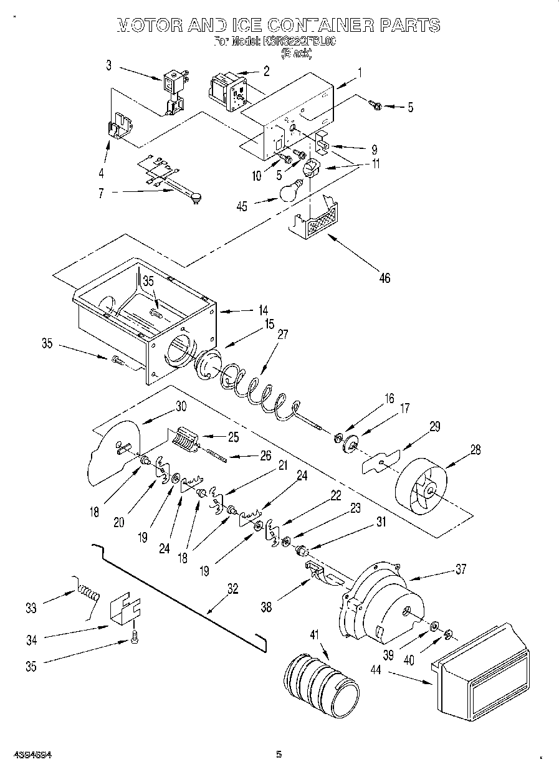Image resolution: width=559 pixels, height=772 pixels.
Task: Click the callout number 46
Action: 385,278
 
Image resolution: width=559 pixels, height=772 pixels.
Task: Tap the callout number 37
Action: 460,568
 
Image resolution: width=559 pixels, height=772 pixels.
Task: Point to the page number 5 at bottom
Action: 279,755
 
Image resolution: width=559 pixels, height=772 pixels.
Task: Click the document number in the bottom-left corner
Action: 32,755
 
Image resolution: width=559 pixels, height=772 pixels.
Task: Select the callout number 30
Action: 180,406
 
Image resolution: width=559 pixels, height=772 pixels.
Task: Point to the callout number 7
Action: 101,194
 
